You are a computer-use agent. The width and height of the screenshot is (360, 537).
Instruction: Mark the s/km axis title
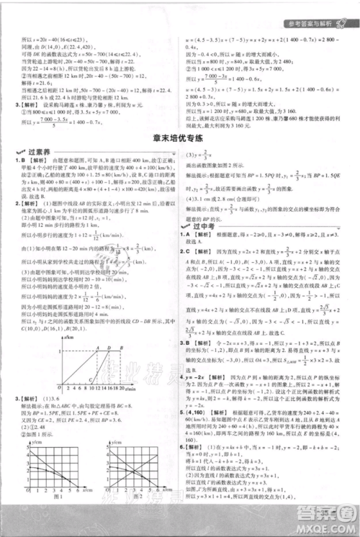[70, 337]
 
